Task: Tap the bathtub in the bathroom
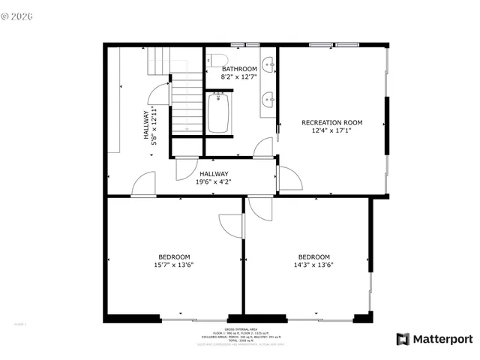tap(218, 112)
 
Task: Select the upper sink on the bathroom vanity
tap(268, 65)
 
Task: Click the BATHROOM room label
tap(239, 69)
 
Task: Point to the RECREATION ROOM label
tap(331, 122)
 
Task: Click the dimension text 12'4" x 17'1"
tap(331, 130)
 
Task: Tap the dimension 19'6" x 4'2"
tap(214, 181)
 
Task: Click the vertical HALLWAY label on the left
tap(147, 124)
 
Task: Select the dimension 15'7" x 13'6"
tap(173, 264)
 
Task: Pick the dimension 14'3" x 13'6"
tap(313, 264)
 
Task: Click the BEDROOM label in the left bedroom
tap(173, 256)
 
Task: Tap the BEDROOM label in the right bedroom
tap(313, 256)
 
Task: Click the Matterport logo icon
tap(403, 339)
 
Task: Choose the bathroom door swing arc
tap(262, 148)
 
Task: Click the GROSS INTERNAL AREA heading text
tap(244, 328)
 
